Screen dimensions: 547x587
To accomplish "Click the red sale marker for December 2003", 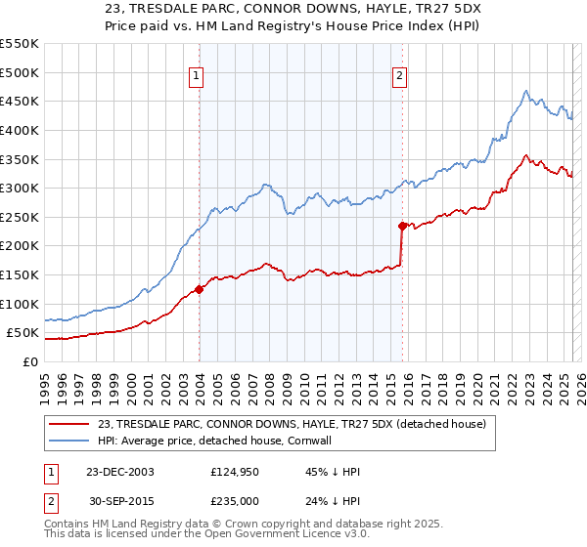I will pyautogui.click(x=200, y=288).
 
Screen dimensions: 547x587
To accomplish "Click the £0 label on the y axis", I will pyautogui.click(x=30, y=361).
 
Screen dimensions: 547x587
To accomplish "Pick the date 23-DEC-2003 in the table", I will pyautogui.click(x=119, y=472).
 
